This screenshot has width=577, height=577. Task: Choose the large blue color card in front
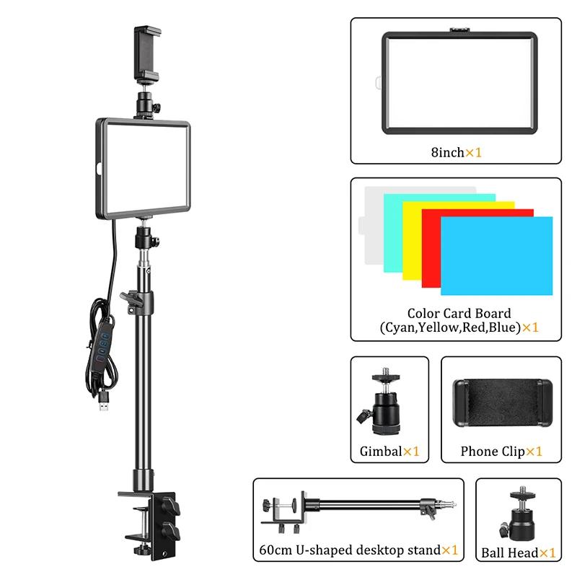(x=497, y=256)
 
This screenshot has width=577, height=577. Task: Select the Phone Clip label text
(x=492, y=452)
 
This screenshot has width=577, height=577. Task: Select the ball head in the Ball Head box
(x=518, y=514)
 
